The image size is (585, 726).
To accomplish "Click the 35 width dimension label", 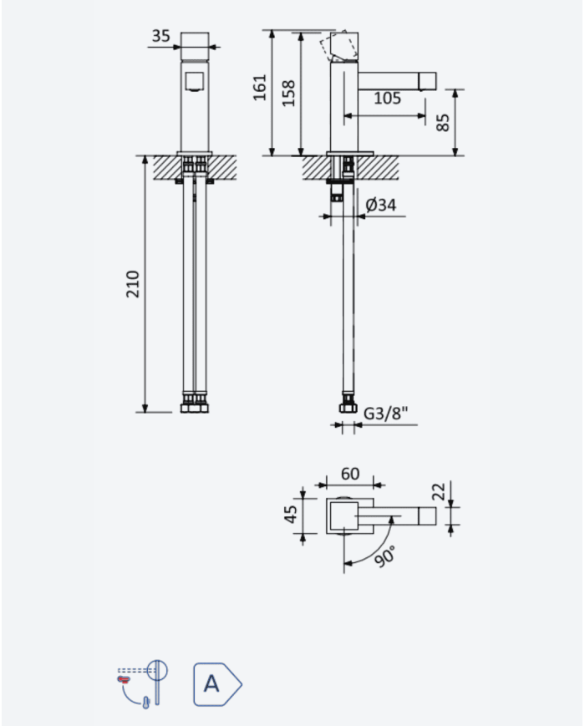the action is coord(160,36).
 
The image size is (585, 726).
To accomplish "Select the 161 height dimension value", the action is coord(259,87).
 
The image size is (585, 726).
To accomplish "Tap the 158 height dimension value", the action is coord(288,93).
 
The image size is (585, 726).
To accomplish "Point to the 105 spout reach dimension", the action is coord(387,98).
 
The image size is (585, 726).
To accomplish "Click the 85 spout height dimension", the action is coord(443,123).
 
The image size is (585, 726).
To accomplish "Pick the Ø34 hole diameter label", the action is coord(381,205).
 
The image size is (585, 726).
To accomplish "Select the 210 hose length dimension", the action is coord(133,284).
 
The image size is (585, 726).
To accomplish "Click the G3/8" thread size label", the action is coord(386,413).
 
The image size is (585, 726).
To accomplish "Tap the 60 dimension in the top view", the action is coord(349,474).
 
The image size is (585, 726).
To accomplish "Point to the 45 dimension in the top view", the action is coord(291,515).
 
